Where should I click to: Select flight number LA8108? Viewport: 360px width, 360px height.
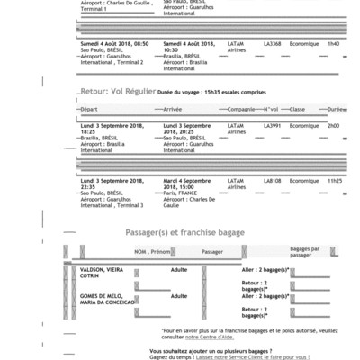(273, 181)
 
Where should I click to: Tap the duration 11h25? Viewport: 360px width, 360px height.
(334, 181)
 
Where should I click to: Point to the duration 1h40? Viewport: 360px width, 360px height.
(333, 42)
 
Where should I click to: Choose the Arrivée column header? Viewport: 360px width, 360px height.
(173, 109)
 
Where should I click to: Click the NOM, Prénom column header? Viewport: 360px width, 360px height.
(152, 252)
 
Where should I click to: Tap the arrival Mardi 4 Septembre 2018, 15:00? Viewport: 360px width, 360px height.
(196, 184)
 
